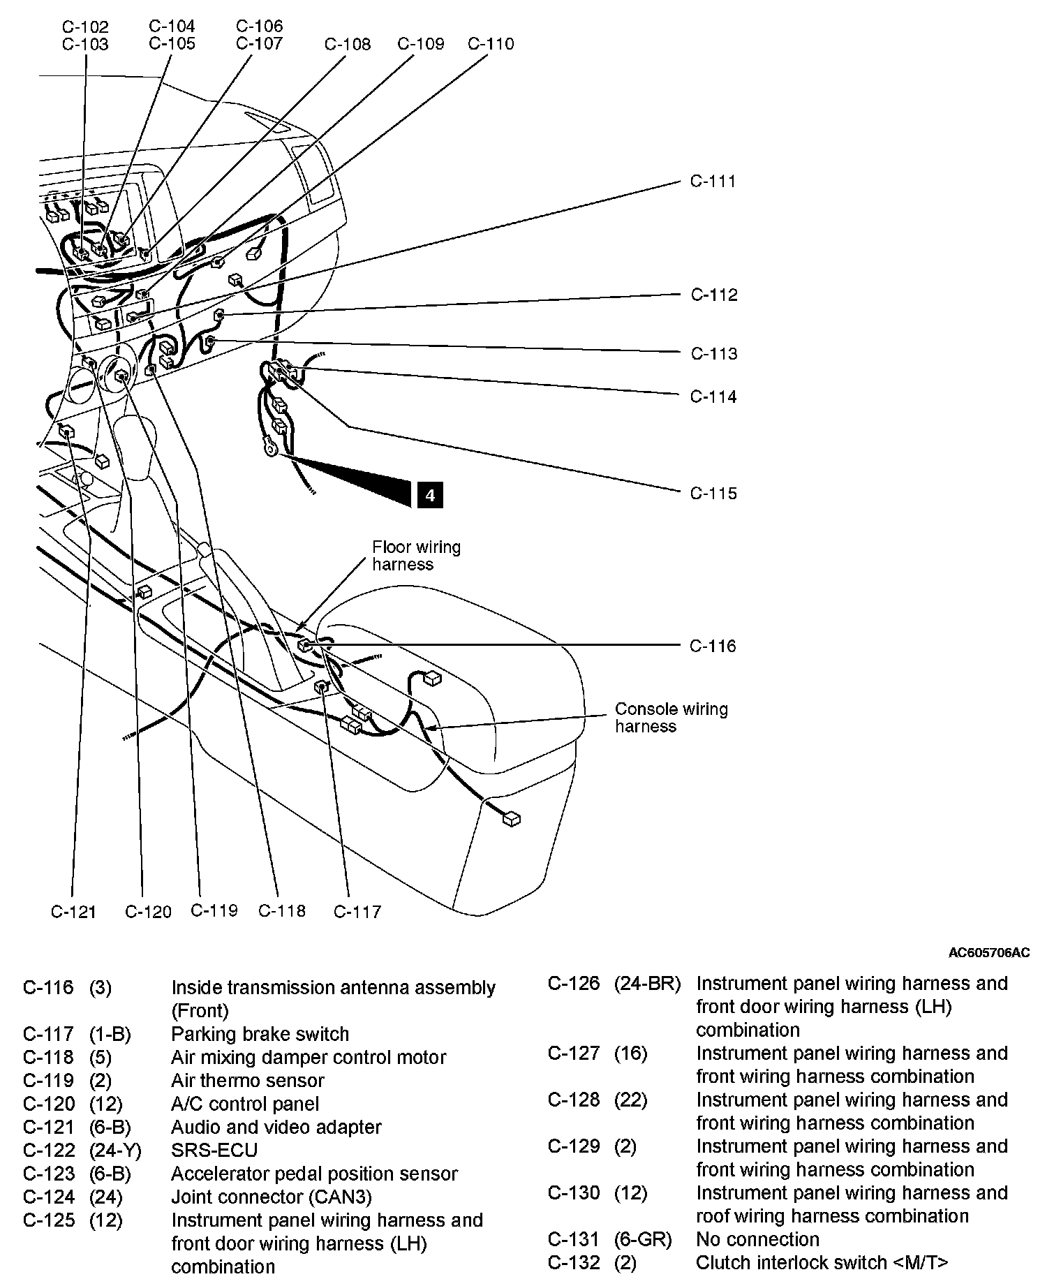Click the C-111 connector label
click(713, 182)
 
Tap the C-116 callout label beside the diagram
click(713, 646)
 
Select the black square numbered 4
click(430, 495)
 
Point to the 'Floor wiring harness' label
click(416, 556)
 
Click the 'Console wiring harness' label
click(671, 718)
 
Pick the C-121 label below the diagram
click(73, 912)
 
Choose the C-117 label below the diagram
click(357, 912)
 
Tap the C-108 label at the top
click(348, 45)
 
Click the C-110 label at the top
click(491, 44)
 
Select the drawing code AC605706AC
click(988, 953)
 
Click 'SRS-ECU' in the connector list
click(214, 1150)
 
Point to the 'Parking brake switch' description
click(260, 1034)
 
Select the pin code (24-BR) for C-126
click(647, 984)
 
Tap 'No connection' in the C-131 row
click(757, 1239)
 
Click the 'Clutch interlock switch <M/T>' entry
click(822, 1262)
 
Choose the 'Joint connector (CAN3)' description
click(272, 1197)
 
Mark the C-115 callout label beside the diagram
click(713, 494)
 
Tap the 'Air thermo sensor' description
click(248, 1081)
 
